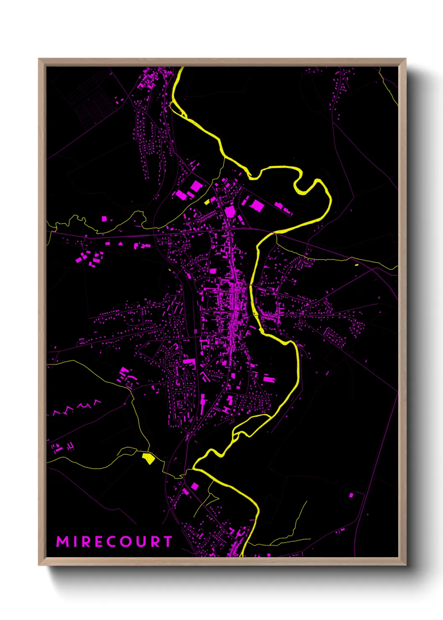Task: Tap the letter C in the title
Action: coord(112,542)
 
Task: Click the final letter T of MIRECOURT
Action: coord(167,542)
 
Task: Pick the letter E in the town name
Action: coord(99,542)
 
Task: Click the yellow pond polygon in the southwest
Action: coord(147,458)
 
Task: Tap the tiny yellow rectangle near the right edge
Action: coord(356,265)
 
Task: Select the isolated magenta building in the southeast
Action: coord(351,495)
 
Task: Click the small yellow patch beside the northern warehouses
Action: coord(207,202)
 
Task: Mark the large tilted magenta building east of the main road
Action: coord(257,205)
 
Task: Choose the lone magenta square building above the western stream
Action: coord(104,218)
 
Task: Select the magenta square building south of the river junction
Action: coord(195,486)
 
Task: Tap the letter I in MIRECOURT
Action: coord(75,542)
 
